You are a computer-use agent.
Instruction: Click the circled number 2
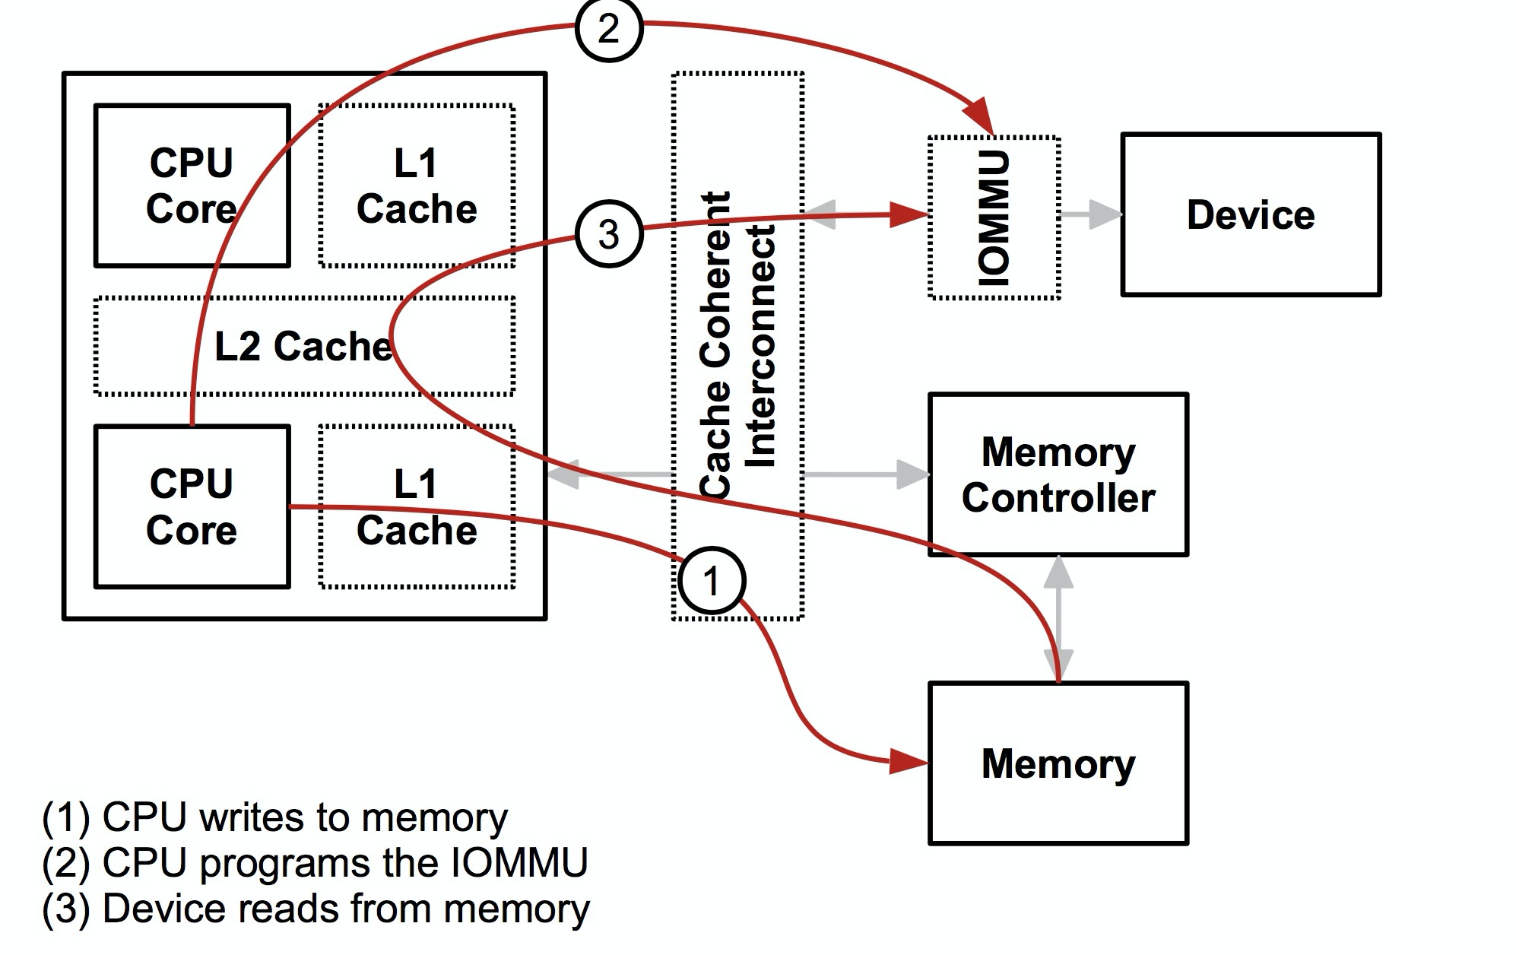(x=608, y=30)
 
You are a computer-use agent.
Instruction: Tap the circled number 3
(x=608, y=233)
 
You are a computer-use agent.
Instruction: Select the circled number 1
(x=711, y=581)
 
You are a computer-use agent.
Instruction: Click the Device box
(x=1250, y=214)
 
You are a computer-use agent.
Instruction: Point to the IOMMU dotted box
(x=994, y=218)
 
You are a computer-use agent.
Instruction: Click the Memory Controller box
(x=1058, y=475)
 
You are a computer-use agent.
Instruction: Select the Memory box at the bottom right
(x=1058, y=763)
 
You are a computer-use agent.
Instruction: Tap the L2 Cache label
(x=303, y=346)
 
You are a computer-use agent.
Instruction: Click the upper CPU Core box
(x=192, y=186)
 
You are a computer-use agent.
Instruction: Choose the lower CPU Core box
(x=192, y=507)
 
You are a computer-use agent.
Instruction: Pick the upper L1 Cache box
(x=417, y=186)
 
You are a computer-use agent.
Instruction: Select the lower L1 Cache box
(x=417, y=507)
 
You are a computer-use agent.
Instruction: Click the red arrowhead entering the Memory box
(x=909, y=761)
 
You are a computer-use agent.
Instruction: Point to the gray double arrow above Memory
(x=1058, y=618)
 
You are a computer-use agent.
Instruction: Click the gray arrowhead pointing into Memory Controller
(x=912, y=474)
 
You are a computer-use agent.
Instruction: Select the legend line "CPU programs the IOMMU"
(x=315, y=863)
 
